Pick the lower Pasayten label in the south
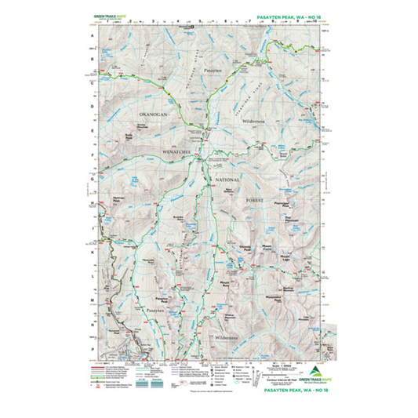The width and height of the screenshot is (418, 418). [x=154, y=311]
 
